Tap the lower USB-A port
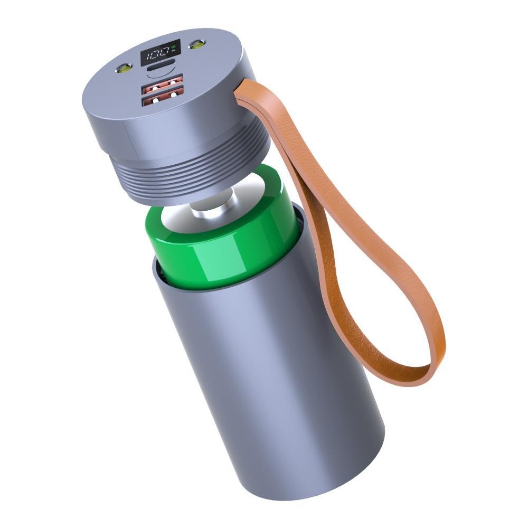pyautogui.click(x=163, y=99)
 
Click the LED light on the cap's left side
pyautogui.click(x=125, y=68)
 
